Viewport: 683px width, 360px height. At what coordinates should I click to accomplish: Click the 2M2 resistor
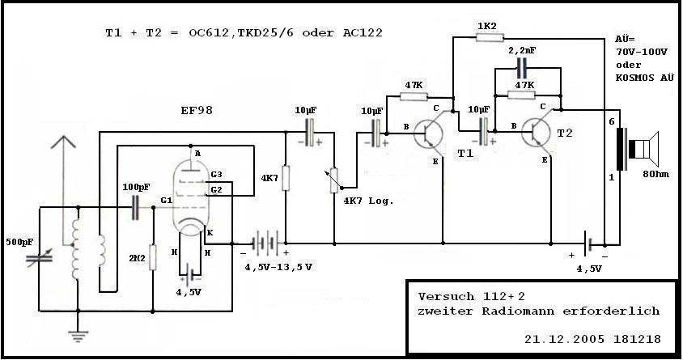coord(152,258)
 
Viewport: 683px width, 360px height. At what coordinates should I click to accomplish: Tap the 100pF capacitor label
coord(136,188)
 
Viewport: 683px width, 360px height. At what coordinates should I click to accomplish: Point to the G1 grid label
coord(166,200)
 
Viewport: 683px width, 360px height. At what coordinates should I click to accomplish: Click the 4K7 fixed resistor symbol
coord(285,178)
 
